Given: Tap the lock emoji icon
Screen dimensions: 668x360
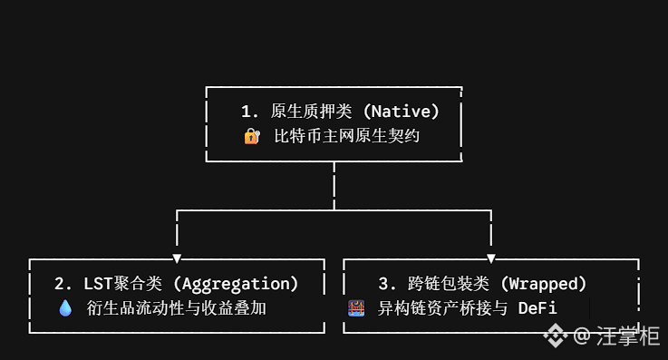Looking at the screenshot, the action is tap(252, 136).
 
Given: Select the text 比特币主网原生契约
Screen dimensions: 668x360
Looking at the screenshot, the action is tap(347, 136).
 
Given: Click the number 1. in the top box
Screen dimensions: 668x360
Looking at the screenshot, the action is tap(249, 112).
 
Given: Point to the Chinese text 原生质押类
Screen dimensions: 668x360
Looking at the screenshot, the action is tap(311, 112).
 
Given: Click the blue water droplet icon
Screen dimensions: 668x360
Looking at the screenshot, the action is tap(65, 308).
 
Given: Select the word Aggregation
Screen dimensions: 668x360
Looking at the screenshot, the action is tap(236, 284).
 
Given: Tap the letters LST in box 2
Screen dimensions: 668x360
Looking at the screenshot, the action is tap(98, 284).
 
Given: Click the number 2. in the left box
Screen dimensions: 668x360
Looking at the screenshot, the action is tap(63, 284).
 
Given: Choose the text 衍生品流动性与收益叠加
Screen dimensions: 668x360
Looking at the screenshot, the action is tap(177, 308).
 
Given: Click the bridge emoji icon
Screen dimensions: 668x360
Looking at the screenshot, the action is tap(356, 308).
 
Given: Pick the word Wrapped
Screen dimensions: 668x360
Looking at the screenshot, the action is tap(543, 284).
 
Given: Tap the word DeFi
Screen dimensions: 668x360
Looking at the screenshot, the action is tap(537, 308).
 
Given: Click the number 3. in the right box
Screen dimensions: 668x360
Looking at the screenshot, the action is tap(387, 284).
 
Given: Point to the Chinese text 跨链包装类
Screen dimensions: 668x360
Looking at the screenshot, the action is tap(448, 284).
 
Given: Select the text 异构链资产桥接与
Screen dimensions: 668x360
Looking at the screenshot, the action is tap(442, 308).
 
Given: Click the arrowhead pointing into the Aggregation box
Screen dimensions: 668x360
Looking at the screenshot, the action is tap(178, 258).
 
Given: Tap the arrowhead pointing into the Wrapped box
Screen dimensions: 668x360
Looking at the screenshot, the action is tap(490, 258).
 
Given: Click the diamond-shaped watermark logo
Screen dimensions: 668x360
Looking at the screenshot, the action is tap(556, 336).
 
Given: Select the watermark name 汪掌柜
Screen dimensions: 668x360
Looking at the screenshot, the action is tap(628, 336).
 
